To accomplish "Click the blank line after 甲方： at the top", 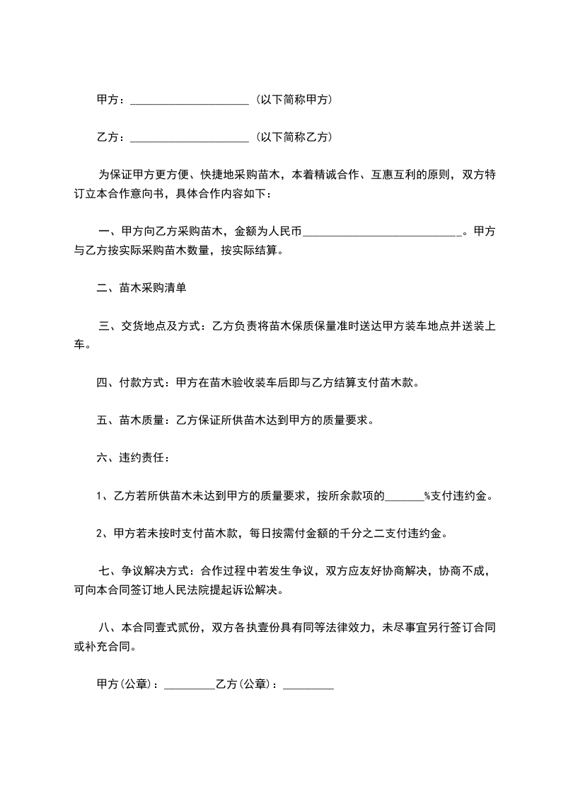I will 190,100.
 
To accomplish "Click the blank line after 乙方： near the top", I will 190,137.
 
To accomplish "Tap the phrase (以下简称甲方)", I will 292,100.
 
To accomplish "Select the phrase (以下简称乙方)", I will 292,137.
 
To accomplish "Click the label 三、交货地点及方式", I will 150,326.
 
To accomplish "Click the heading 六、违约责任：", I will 132,458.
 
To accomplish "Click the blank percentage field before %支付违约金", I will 404,496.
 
